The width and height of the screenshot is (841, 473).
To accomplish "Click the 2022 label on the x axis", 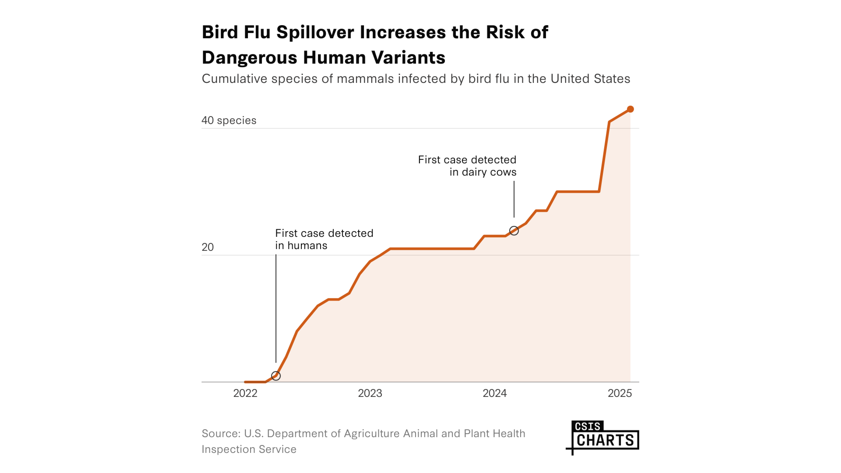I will point(245,393).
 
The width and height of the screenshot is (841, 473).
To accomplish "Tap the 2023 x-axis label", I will point(370,393).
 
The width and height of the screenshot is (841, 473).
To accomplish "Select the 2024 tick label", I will point(495,393).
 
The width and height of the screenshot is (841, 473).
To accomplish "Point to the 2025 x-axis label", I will point(619,393).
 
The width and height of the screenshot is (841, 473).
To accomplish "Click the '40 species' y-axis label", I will point(229,120).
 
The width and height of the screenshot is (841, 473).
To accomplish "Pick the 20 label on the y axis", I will point(208,247).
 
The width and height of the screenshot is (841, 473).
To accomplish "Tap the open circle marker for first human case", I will point(276,376).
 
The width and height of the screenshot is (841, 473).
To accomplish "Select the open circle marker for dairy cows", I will point(514,231).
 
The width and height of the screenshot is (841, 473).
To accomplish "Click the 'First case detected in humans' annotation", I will point(324,239).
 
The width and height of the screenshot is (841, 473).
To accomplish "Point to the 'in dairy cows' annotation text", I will point(483,172).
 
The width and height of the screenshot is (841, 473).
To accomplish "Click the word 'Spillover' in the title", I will point(315,32).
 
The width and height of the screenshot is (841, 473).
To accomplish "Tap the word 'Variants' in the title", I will point(408,58).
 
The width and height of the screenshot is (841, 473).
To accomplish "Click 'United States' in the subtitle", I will point(590,79).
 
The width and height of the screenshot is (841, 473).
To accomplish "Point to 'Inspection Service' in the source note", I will point(249,449).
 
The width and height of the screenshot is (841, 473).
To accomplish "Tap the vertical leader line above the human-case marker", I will point(276,308).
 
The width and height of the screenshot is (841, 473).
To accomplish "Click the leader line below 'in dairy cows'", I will point(514,199).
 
